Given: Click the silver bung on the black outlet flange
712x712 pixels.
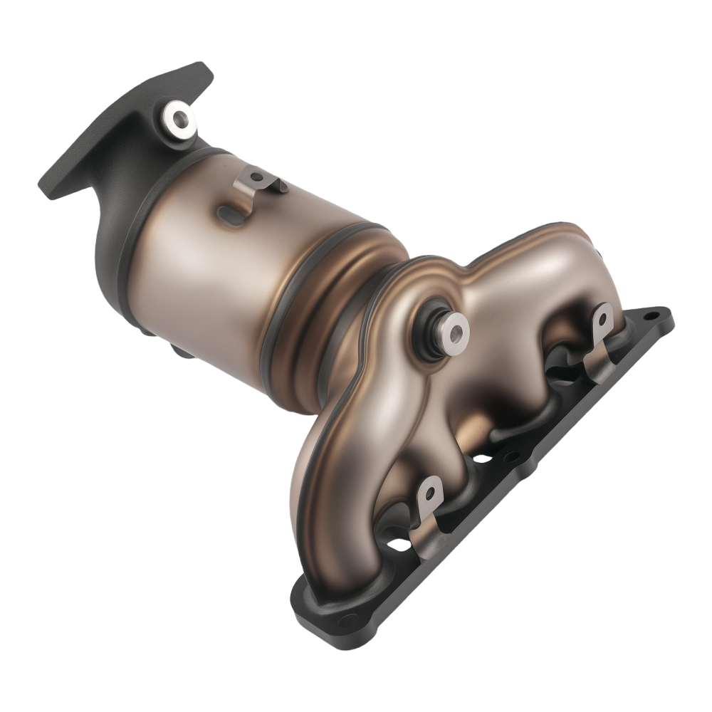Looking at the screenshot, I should coord(178,118).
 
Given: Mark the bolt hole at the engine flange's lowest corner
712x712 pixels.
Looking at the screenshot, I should coord(347,620).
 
